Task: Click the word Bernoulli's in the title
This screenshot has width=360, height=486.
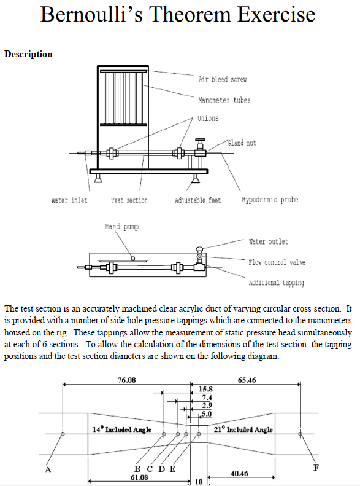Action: point(98,15)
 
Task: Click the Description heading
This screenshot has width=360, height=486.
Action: point(28,54)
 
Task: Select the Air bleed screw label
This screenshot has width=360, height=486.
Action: point(223,80)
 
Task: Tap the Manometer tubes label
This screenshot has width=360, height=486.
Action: point(224,100)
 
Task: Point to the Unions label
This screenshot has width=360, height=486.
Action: point(208,119)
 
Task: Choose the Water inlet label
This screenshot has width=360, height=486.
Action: point(69,200)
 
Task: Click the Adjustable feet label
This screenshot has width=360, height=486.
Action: point(197,200)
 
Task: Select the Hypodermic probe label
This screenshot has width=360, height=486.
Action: point(270,200)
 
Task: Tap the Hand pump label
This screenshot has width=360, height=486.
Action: point(121,227)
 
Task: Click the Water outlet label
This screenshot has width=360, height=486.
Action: point(269,241)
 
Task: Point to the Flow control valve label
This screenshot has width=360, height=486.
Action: point(277,262)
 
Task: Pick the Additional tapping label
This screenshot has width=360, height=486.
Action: point(276,283)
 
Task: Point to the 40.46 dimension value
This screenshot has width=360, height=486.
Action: point(239,473)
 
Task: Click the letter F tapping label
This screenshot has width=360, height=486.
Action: point(316,468)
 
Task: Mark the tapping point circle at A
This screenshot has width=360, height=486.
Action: point(63,434)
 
